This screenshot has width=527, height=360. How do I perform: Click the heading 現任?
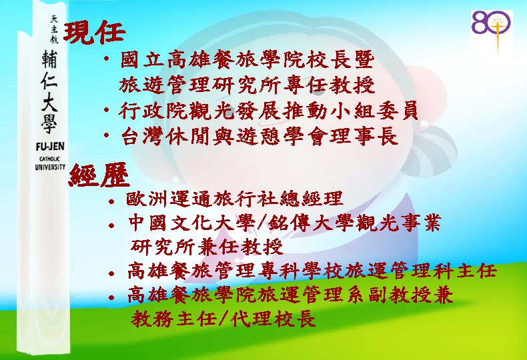pos(95,33)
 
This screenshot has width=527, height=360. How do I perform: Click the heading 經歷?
pos(99,175)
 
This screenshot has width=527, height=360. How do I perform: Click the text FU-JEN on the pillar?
pos(50,147)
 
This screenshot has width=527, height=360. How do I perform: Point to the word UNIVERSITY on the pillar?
pos(50,167)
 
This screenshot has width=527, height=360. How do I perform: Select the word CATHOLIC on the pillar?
pos(50,159)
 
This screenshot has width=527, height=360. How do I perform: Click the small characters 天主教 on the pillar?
pos(54,29)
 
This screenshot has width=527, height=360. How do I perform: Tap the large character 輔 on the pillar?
pos(50,59)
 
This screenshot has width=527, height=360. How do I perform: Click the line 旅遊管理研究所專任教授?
pos(247,85)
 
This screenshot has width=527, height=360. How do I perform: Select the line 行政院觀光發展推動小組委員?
pos(268,110)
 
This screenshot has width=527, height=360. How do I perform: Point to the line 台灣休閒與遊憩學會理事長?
pos(259,135)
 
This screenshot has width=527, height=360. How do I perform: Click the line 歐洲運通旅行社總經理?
pos(234,199)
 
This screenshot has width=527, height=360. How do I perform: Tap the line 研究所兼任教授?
pos(207,247)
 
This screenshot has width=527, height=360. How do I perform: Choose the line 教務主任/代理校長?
pos(223,318)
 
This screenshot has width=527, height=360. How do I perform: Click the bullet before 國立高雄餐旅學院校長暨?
pos(106,59)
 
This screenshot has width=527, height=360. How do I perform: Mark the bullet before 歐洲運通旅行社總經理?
pos(111,202)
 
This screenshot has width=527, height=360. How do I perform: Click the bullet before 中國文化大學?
pos(111,225)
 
